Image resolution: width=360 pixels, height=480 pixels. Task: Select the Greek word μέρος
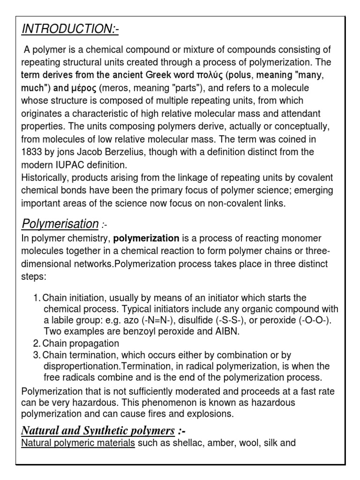[82, 89]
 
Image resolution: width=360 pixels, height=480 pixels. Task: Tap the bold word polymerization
[147, 239]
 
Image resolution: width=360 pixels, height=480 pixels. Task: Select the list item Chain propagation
[81, 344]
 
